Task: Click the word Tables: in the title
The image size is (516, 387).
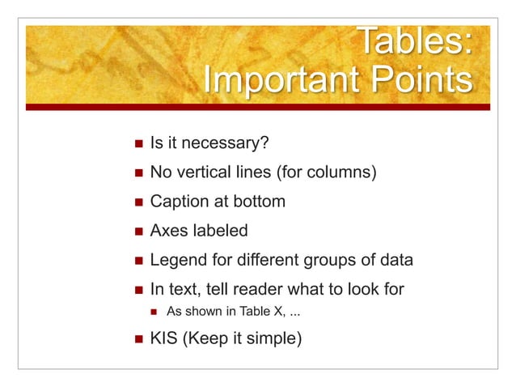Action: [413, 43]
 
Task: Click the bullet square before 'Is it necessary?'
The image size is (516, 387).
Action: [136, 144]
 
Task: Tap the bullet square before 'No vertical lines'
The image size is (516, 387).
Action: [136, 173]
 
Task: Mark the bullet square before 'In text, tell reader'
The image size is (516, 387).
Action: [136, 289]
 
